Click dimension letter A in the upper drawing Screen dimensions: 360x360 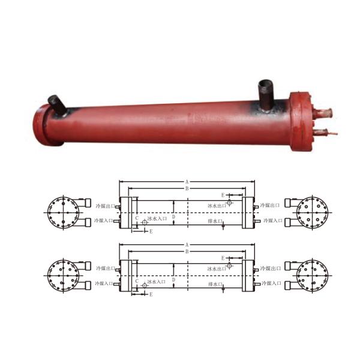coord(187,181)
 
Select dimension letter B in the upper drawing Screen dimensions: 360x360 coord(187,188)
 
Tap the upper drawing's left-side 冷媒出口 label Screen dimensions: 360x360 coord(104,206)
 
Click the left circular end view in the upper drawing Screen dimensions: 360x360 coord(62,212)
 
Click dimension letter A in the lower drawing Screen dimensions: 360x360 coord(187,244)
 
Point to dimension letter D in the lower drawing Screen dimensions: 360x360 coord(174,279)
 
